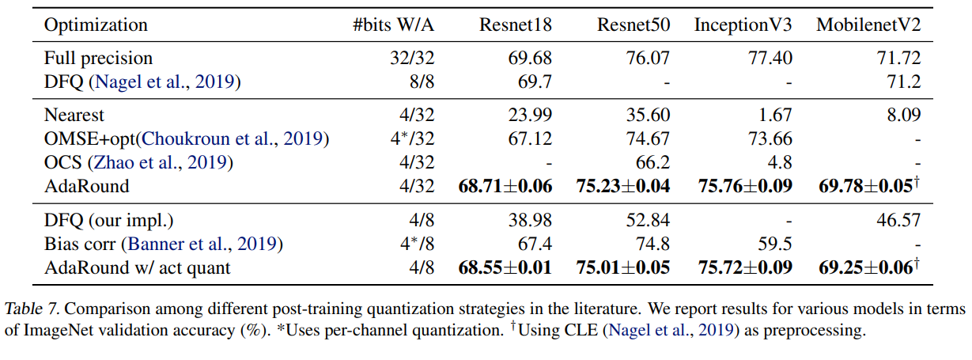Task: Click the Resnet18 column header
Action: click(515, 25)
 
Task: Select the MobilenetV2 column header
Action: click(868, 25)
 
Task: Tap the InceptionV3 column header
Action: click(743, 25)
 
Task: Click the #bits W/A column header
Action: click(393, 25)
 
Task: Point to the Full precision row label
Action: click(98, 59)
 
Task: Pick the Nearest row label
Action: click(74, 116)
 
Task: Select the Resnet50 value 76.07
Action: click(649, 59)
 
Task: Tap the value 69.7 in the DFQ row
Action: click(535, 81)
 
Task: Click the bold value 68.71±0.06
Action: click(505, 186)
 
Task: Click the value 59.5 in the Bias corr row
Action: click(775, 244)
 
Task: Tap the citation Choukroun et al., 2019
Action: click(236, 139)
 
